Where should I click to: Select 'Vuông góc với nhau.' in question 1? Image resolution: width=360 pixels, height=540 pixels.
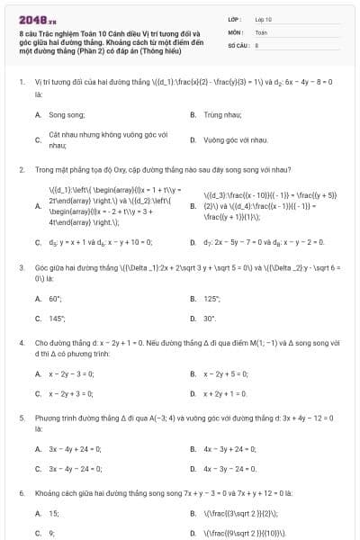[236, 140]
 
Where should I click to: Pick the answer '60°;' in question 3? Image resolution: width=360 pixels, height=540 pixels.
[56, 298]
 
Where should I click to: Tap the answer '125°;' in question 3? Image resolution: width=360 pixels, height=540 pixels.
[211, 298]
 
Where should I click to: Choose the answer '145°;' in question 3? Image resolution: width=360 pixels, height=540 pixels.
[57, 318]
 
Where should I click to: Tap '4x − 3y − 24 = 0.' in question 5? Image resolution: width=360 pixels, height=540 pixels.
[230, 468]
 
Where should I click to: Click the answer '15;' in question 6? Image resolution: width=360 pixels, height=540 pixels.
[54, 513]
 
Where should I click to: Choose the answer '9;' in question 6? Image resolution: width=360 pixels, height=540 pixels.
[52, 533]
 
